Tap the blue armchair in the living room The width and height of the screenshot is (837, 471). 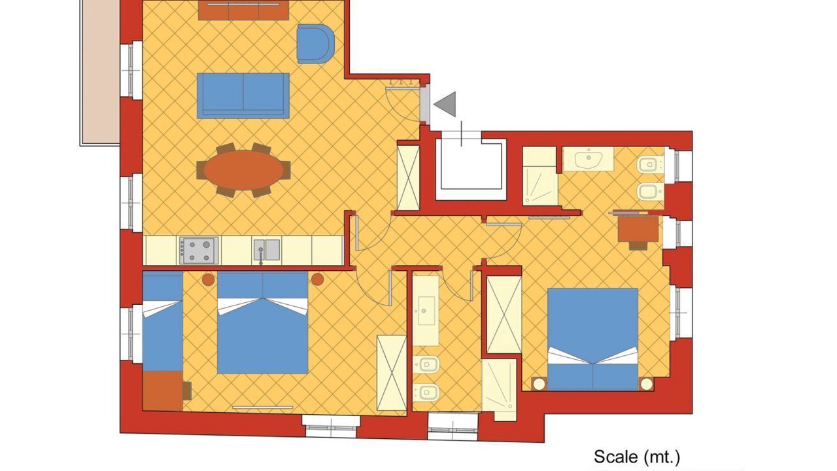[315, 44]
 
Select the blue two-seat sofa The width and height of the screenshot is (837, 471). [243, 96]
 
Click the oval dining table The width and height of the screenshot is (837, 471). [244, 170]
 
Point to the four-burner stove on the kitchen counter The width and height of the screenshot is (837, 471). [199, 251]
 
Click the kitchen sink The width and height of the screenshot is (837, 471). [267, 250]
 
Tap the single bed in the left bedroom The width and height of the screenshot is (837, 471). [163, 321]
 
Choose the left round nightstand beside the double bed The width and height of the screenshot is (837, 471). [208, 279]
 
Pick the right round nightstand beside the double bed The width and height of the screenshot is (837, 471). [317, 279]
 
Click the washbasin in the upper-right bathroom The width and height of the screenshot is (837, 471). [588, 159]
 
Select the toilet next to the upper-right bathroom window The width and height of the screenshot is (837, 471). [651, 164]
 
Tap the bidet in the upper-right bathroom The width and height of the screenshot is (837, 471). [651, 192]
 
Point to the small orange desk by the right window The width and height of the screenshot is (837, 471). [638, 229]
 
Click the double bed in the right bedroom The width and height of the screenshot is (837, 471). [592, 340]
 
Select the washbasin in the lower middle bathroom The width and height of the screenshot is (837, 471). [426, 311]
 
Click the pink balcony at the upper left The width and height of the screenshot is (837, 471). [100, 72]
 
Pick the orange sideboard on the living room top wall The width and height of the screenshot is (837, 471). [243, 10]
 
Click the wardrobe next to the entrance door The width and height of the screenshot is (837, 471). [409, 178]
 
